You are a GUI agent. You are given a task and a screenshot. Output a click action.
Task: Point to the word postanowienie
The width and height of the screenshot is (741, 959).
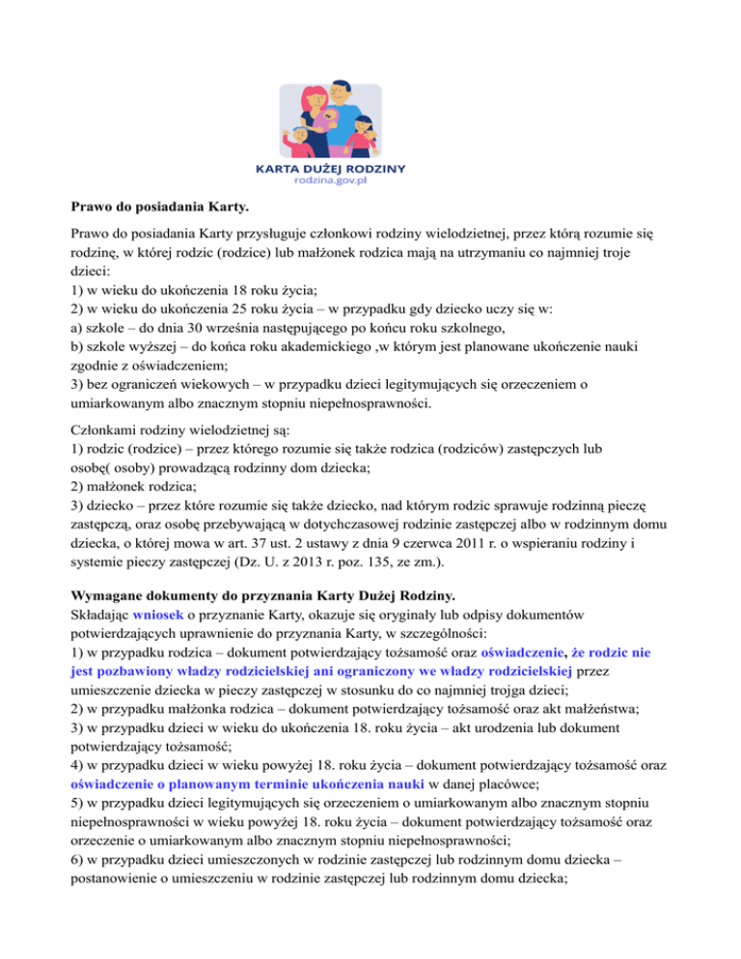(119, 888)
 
